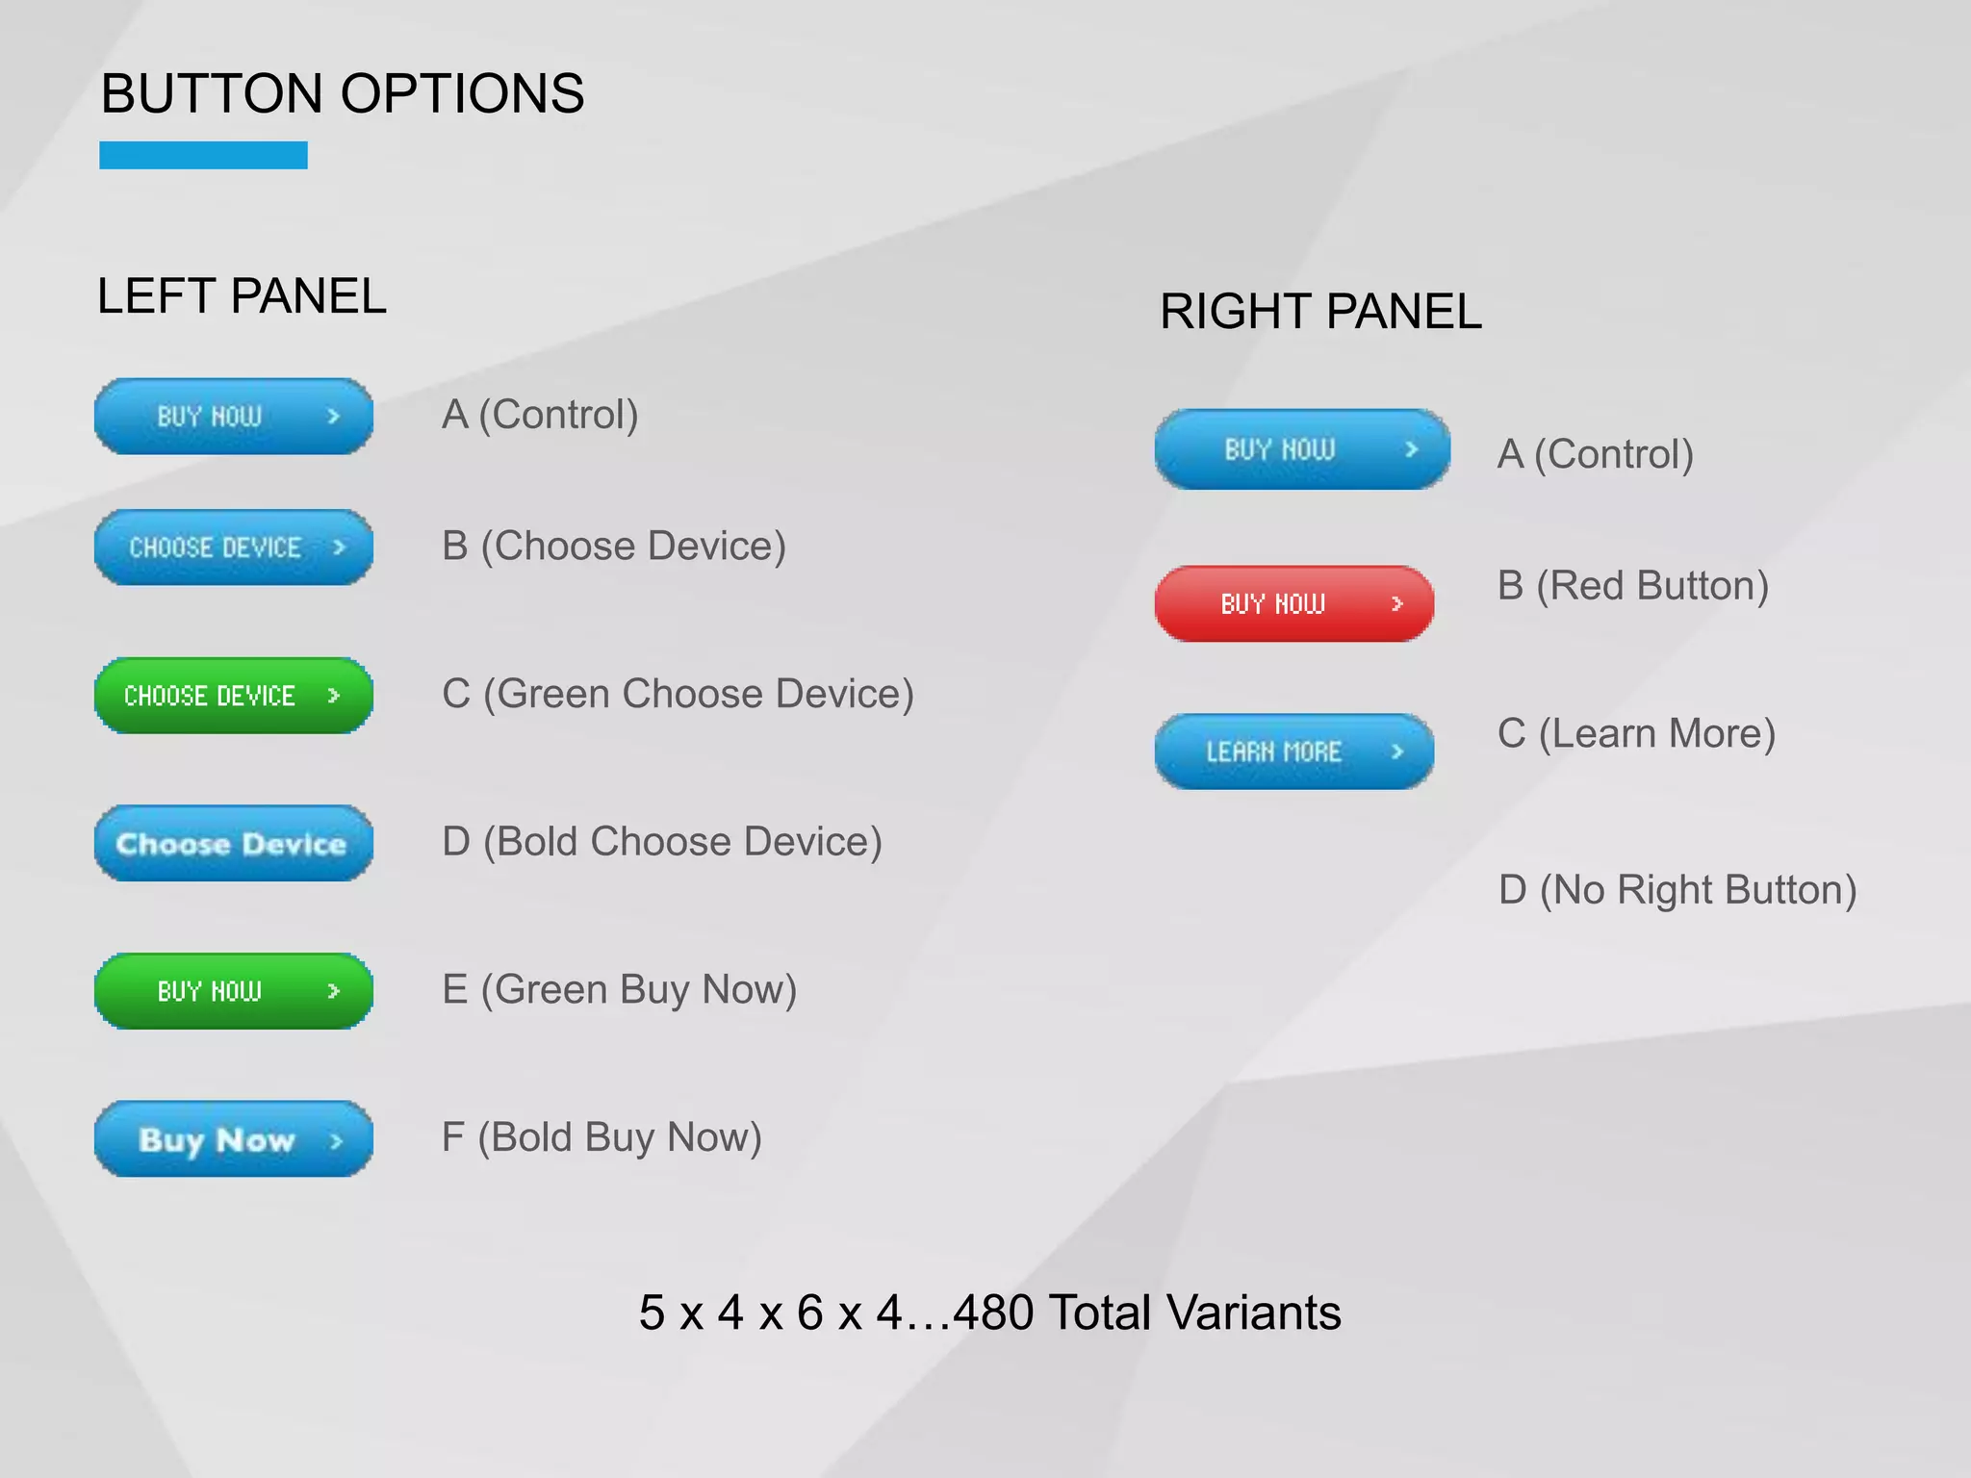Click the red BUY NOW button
(x=1293, y=603)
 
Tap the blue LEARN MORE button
(x=1293, y=752)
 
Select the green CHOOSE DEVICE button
(x=233, y=696)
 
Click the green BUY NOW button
(x=233, y=991)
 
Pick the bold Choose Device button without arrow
(x=233, y=843)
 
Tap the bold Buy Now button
(x=233, y=1139)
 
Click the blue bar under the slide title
(x=203, y=155)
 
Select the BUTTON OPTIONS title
(x=343, y=93)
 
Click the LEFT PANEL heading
(x=242, y=295)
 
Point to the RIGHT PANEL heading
(x=1320, y=311)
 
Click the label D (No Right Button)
(x=1677, y=890)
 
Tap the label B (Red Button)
(x=1633, y=585)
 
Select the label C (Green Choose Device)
(x=678, y=694)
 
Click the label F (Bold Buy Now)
(x=602, y=1137)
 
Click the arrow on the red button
(x=1397, y=603)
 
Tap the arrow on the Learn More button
(x=1397, y=752)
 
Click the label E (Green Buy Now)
(x=619, y=989)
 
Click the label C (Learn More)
(x=1636, y=733)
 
